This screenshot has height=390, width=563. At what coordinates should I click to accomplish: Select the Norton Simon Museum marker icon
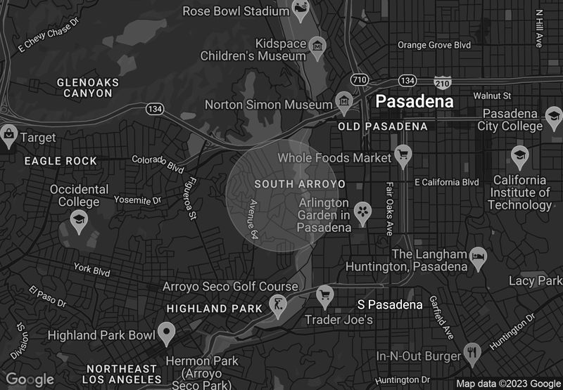344,103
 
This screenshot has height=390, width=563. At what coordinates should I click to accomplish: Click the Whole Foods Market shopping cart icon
403,156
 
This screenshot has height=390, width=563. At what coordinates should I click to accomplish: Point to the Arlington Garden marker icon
362,212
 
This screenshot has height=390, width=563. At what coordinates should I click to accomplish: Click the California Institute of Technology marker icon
520,156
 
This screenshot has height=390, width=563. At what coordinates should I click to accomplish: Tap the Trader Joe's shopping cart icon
324,296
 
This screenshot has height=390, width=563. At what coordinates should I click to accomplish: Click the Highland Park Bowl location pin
166,332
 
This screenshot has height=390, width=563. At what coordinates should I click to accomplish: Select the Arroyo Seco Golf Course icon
279,306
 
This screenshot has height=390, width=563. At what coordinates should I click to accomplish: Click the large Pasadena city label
415,101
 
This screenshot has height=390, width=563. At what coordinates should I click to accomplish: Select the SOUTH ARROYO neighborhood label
300,184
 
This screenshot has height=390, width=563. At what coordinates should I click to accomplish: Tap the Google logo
30,380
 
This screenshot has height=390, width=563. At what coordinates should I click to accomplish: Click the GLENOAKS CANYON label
87,87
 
